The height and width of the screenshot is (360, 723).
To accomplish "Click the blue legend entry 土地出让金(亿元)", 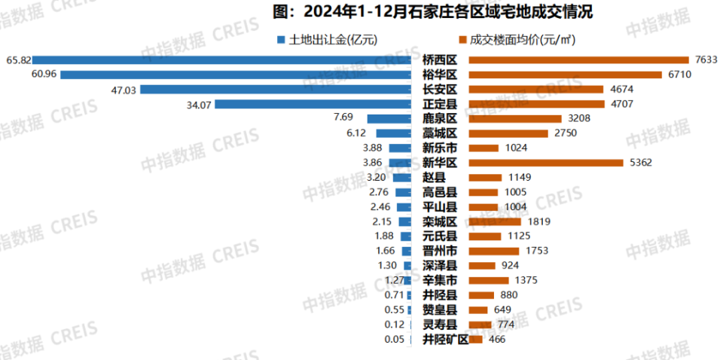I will pos(327,40).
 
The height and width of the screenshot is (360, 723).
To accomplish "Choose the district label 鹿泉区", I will pos(440,119).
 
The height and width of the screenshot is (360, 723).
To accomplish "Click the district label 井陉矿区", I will pos(445,339).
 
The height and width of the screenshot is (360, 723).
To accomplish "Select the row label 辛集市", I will pos(440,280).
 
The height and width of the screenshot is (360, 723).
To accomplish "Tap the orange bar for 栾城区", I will pos(494,221).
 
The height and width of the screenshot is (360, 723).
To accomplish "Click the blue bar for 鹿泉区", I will pos(389,119).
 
